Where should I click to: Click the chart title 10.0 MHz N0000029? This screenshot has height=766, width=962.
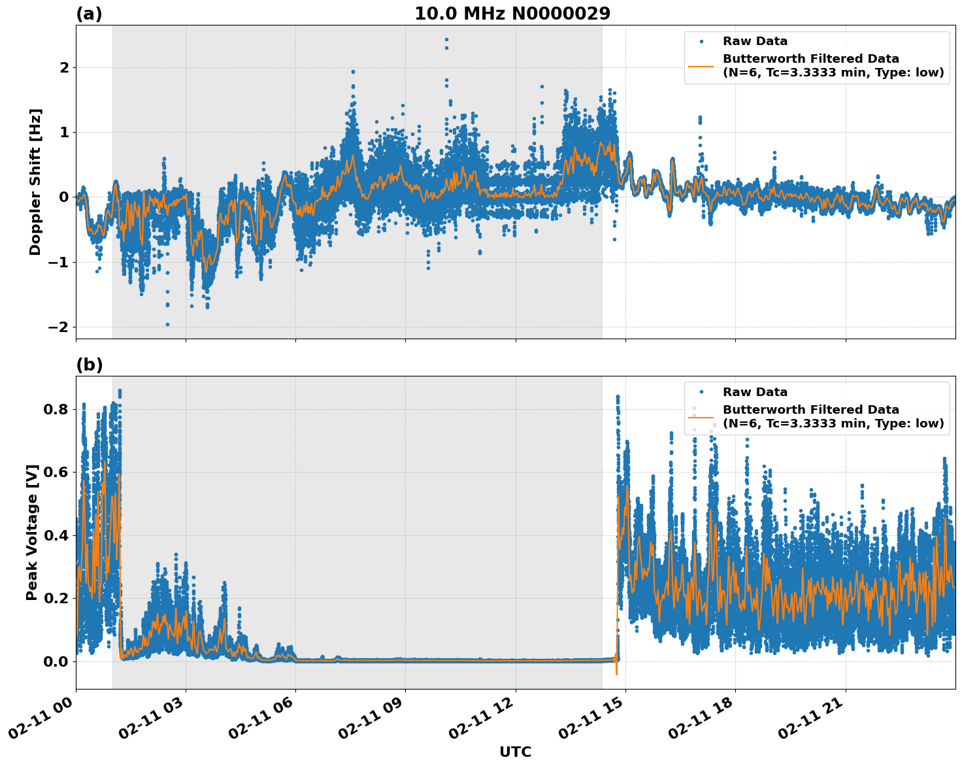point(512,14)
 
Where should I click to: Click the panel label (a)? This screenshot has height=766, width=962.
point(89,14)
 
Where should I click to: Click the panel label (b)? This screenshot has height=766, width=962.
point(89,365)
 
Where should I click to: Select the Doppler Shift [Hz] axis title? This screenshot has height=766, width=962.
point(35,182)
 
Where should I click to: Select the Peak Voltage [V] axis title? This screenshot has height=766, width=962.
point(32,532)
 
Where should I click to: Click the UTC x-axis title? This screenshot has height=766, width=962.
point(515,752)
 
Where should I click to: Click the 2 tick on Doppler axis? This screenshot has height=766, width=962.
point(64,67)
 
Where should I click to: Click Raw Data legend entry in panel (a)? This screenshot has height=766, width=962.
point(755,41)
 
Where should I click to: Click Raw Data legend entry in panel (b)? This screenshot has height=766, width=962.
point(755,392)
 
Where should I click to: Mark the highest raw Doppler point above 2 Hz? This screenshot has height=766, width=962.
point(446,39)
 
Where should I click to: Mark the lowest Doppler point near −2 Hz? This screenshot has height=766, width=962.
point(167,324)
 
